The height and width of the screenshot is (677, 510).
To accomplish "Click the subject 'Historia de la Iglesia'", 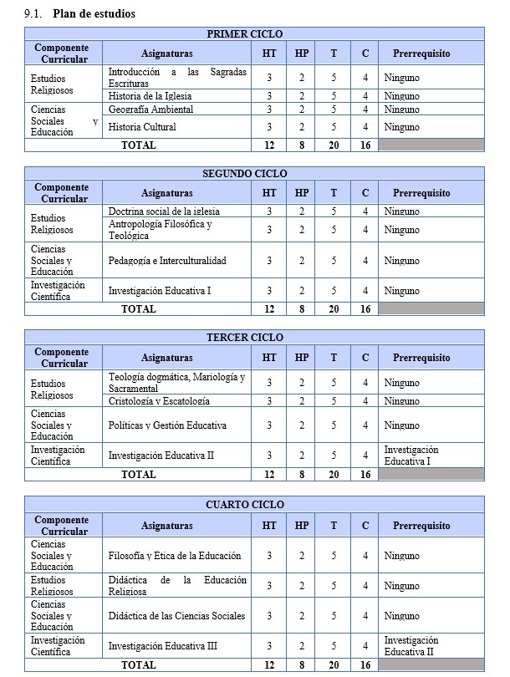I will [x=150, y=96].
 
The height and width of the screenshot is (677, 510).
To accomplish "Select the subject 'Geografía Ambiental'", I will [x=150, y=109].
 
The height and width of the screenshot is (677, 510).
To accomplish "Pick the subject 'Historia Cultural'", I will [x=142, y=127].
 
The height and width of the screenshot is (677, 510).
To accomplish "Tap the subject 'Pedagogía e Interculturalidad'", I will [x=167, y=261].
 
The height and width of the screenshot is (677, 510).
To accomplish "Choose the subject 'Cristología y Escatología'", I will [x=158, y=401].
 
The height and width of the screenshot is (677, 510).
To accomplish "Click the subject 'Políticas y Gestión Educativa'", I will [x=167, y=425].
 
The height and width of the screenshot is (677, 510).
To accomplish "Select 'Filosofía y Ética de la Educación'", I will [x=175, y=556].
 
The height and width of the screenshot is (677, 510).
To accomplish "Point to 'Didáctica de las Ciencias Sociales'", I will [x=176, y=616].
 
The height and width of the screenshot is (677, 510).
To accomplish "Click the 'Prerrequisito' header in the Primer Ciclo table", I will [x=421, y=53].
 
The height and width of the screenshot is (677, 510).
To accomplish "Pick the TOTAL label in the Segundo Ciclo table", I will [x=138, y=308].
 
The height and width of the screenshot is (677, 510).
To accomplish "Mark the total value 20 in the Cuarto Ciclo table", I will [x=334, y=665].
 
